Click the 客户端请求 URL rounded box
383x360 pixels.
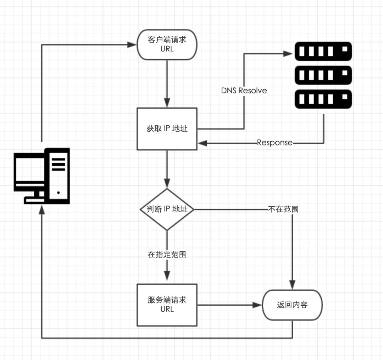coord(167,44)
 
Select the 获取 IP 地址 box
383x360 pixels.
coord(167,129)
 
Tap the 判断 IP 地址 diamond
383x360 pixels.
coord(167,209)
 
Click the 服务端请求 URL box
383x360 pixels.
coord(167,305)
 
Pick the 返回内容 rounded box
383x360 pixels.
coord(292,305)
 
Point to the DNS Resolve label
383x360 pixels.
coord(244,91)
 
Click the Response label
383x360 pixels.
coord(275,143)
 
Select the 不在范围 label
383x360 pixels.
coord(283,209)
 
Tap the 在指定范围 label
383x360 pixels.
coord(167,255)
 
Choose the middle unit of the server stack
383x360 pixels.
coord(323,75)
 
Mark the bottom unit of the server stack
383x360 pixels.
coord(323,99)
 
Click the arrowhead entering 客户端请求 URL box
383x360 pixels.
coord(133,45)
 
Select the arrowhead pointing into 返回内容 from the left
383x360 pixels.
coord(257,305)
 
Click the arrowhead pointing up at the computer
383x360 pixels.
coord(42,209)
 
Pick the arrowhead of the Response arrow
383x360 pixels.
coord(202,143)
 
